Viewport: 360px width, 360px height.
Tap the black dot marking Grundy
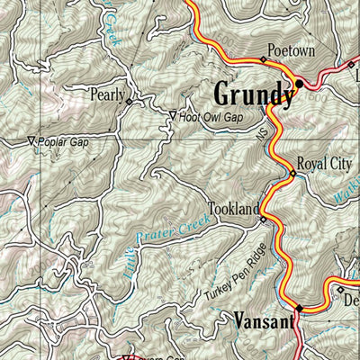click(x=300, y=84)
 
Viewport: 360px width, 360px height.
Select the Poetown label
click(x=291, y=51)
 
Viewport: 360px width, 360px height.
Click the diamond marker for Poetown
click(x=264, y=60)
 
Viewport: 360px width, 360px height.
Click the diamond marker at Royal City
click(x=292, y=174)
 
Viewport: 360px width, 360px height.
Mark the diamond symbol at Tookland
click(x=263, y=219)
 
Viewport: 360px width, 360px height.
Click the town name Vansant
click(x=260, y=319)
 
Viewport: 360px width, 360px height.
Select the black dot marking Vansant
click(x=300, y=309)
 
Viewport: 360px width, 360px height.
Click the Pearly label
click(x=105, y=93)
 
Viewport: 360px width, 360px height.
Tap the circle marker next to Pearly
click(x=129, y=102)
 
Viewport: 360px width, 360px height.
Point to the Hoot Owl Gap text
click(x=211, y=116)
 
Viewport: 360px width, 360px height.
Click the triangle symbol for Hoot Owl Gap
click(x=173, y=115)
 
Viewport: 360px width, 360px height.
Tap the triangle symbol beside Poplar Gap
click(x=31, y=140)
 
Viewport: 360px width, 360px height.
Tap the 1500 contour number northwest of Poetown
click(x=236, y=42)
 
